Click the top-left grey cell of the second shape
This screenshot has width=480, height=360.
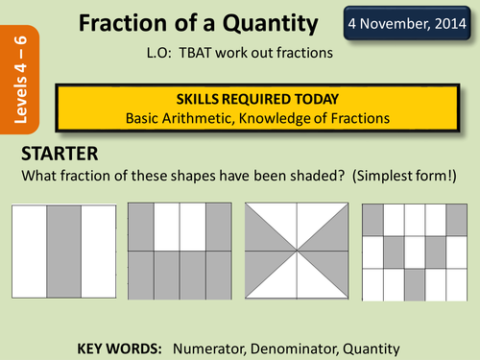click(141, 227)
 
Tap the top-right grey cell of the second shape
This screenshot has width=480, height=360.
click(220, 227)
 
